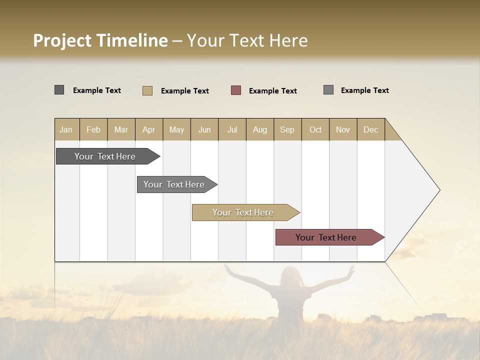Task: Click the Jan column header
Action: click(66, 129)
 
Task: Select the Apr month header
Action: click(149, 129)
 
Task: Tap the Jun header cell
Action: click(204, 129)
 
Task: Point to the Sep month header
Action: click(287, 129)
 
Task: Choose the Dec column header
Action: click(370, 129)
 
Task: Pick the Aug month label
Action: click(260, 129)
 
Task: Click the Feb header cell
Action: click(93, 129)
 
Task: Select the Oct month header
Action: click(315, 129)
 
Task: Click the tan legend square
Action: click(147, 90)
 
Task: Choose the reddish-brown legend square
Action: click(236, 90)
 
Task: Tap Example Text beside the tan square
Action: click(184, 91)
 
